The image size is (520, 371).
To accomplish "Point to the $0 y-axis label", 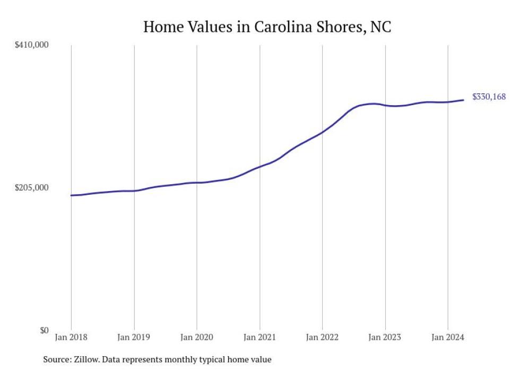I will coord(43,331).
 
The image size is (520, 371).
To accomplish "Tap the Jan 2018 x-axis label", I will coord(71,338).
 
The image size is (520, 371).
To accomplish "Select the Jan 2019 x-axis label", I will coord(134,338).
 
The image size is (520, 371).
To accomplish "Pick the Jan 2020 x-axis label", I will coord(197,338).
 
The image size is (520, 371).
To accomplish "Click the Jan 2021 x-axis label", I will coord(259,338).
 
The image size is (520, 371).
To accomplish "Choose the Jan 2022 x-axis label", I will coord(322,338).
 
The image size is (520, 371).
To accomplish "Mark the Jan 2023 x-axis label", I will coord(385,338).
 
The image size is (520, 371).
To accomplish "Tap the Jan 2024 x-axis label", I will coord(448,338).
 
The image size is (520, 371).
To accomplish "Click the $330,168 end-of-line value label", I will coord(489,97).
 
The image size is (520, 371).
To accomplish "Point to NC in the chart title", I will coord(380,27).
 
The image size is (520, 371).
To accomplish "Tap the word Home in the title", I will coord(163,27).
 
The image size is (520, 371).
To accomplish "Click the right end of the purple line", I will coord(464,100).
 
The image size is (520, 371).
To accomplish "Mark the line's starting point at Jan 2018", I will coord(71,195).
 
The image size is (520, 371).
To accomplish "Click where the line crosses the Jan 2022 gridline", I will coord(322,132).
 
